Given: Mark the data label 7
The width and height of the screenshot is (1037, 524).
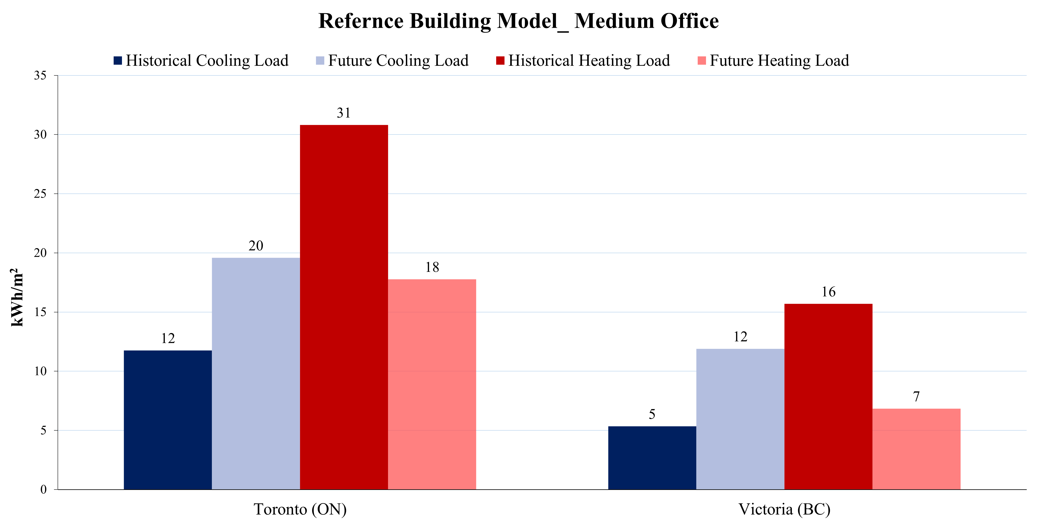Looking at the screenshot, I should tap(916, 396).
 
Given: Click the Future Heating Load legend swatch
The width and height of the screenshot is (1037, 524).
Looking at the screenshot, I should tap(702, 61).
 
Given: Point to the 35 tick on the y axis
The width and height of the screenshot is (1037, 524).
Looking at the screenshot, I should tap(40, 76).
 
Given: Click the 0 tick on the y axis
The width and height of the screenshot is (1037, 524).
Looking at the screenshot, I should tap(43, 489).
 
